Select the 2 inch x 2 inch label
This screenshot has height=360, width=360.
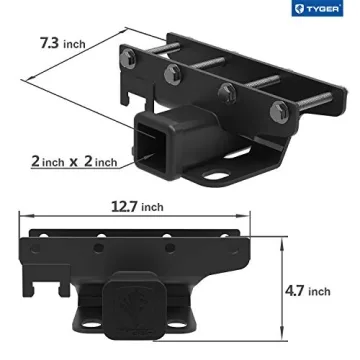pyautogui.click(x=73, y=160)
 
